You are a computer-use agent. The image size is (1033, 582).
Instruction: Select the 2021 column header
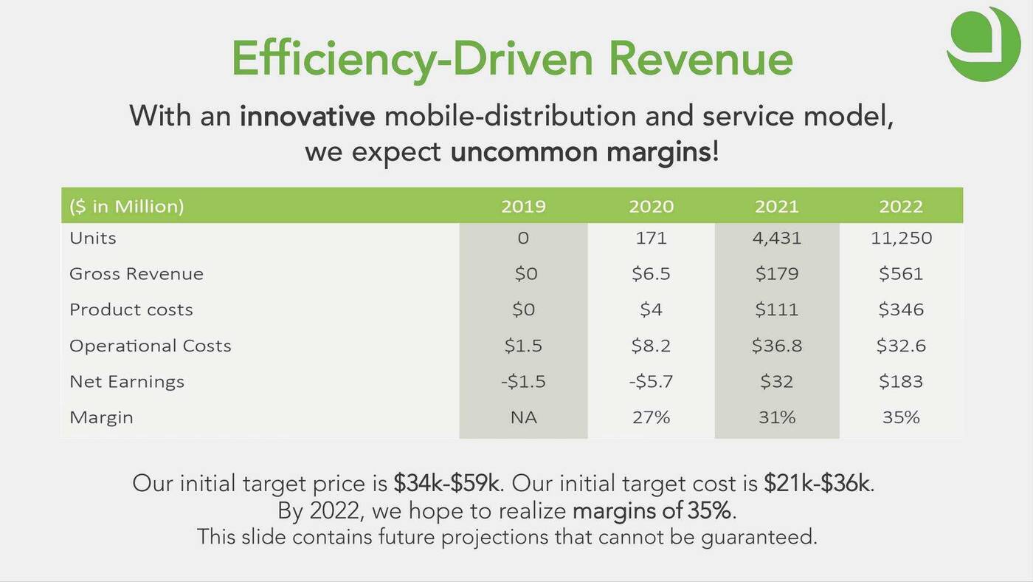(x=776, y=206)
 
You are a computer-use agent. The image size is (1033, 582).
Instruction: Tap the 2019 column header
(x=523, y=206)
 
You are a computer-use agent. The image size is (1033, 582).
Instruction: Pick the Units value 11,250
(x=900, y=238)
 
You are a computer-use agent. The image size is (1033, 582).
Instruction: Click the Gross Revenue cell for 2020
(x=651, y=274)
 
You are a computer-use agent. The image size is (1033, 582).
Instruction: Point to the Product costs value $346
(x=900, y=309)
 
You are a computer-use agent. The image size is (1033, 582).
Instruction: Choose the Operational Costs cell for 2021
(x=776, y=346)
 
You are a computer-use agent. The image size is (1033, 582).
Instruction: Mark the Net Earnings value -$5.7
(x=651, y=382)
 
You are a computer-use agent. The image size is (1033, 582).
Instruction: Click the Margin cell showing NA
(x=523, y=417)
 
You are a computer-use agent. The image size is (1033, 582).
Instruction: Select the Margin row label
(x=101, y=417)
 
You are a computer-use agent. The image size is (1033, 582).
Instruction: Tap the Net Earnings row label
(x=127, y=382)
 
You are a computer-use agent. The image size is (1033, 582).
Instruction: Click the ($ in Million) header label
(x=126, y=206)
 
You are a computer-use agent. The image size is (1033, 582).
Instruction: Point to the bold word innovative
(x=307, y=116)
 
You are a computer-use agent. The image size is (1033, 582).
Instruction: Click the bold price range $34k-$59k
(x=447, y=484)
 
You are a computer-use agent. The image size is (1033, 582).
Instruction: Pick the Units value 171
(x=651, y=238)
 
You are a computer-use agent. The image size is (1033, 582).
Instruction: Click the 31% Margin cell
(x=776, y=417)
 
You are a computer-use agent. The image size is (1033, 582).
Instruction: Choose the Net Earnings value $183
(x=900, y=382)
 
